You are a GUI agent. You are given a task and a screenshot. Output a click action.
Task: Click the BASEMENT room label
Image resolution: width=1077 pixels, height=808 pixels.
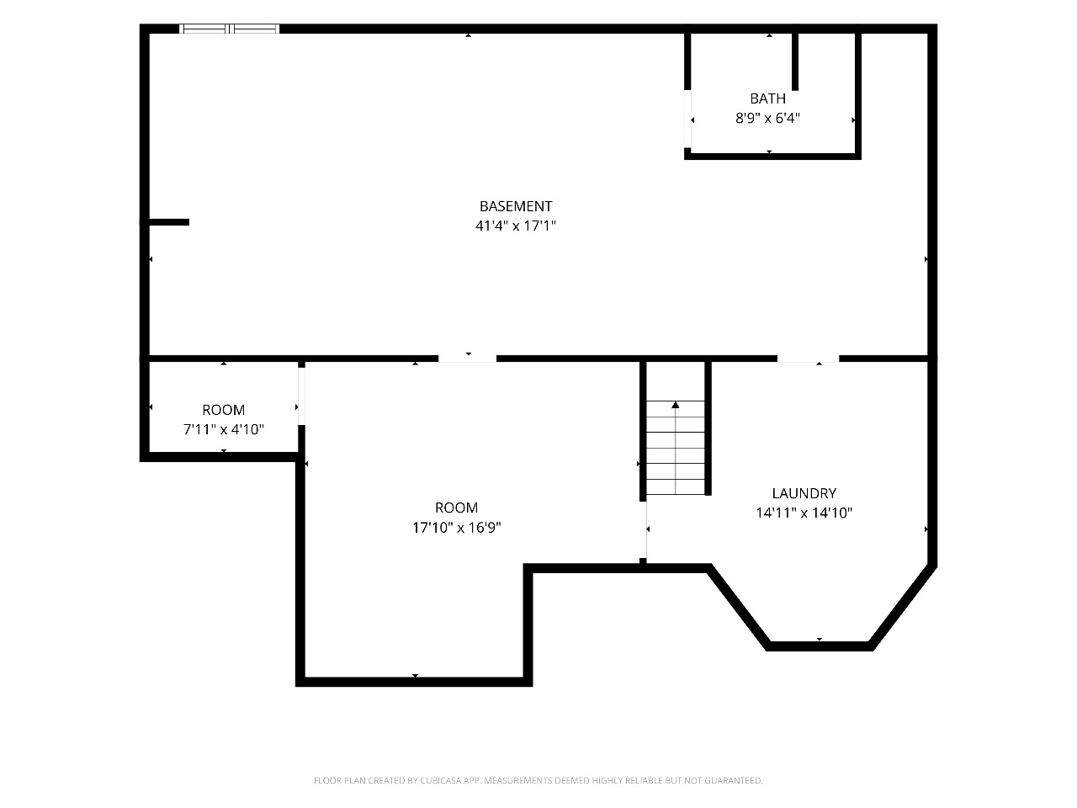(515, 206)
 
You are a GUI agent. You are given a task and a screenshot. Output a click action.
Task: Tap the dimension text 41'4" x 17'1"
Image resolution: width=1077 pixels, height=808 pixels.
(515, 226)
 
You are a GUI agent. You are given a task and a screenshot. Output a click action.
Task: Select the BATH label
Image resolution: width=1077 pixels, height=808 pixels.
(767, 98)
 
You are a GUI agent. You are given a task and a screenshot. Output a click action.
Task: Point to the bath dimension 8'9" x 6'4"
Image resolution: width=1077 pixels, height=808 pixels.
(767, 118)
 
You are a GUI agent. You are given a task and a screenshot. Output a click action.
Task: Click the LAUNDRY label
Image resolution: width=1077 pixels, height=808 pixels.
(804, 493)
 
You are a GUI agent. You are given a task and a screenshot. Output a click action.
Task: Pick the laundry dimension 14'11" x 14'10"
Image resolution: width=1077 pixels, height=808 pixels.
(804, 513)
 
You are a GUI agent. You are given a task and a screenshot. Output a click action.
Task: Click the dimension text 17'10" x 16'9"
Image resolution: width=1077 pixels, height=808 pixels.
(456, 528)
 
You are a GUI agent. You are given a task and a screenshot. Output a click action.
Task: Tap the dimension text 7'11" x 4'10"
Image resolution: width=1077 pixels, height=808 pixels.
(223, 429)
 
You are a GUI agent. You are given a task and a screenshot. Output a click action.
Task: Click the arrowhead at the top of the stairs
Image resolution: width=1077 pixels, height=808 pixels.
(675, 405)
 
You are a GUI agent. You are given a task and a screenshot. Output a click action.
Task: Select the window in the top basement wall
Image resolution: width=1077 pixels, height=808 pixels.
(229, 29)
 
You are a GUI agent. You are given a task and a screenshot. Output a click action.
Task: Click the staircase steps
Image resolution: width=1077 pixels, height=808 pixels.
(675, 448)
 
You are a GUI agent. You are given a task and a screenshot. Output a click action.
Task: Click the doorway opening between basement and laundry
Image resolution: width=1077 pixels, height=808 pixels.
(808, 359)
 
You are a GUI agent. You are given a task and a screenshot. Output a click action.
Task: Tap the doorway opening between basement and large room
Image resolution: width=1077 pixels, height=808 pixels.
(467, 359)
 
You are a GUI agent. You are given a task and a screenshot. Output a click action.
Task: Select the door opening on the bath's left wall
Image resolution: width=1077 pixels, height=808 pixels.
(687, 118)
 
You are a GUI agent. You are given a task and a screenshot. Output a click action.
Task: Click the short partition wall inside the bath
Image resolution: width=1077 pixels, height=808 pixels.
(795, 61)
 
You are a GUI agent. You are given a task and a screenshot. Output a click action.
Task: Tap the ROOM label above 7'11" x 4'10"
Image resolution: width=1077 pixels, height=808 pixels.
(223, 410)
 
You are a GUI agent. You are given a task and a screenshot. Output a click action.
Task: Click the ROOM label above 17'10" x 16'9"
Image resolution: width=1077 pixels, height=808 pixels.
(456, 508)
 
